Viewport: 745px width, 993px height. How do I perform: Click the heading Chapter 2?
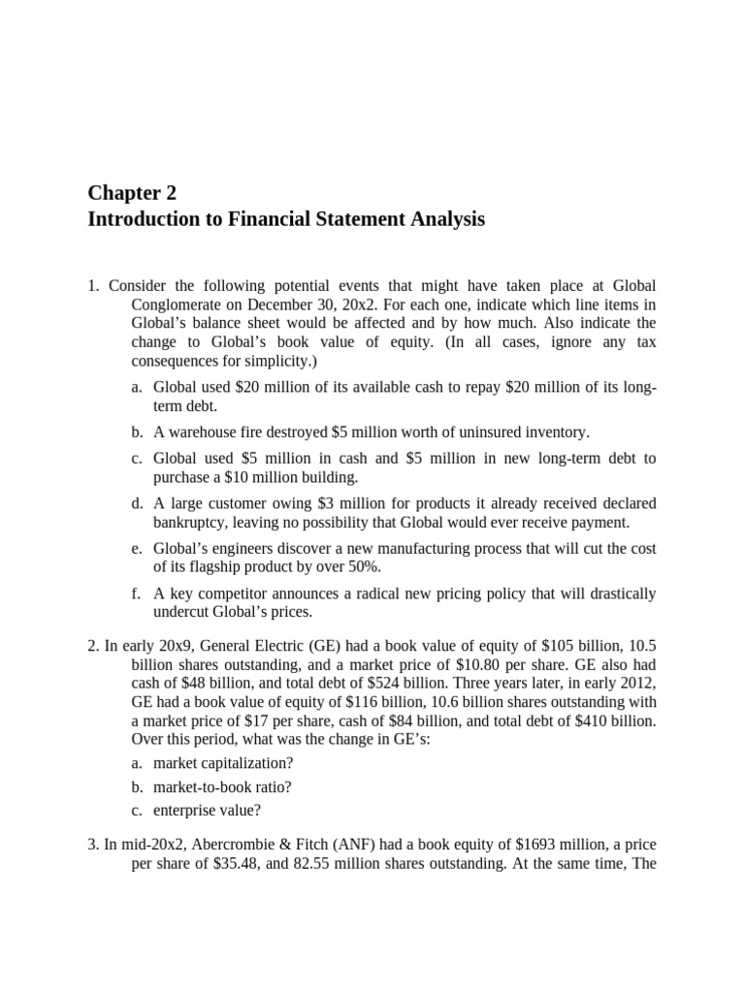[132, 192]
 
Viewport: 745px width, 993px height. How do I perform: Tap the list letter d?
[137, 503]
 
